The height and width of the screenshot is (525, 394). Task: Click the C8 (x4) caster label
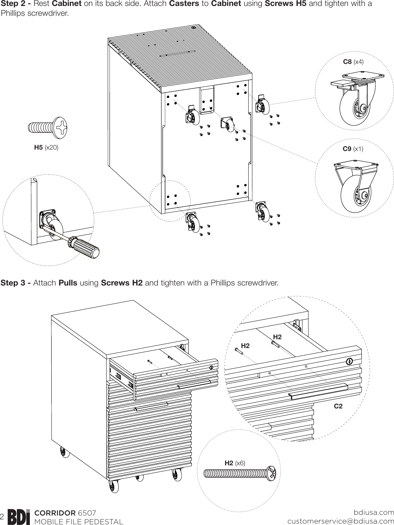pos(353,62)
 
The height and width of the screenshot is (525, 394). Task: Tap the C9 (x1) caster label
pos(353,149)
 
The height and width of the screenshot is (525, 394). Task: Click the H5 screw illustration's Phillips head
pos(61,127)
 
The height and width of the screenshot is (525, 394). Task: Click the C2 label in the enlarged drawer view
pos(338,406)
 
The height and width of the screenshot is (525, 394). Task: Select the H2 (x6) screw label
pos(235,463)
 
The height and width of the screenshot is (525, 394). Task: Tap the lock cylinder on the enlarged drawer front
pos(349,361)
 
